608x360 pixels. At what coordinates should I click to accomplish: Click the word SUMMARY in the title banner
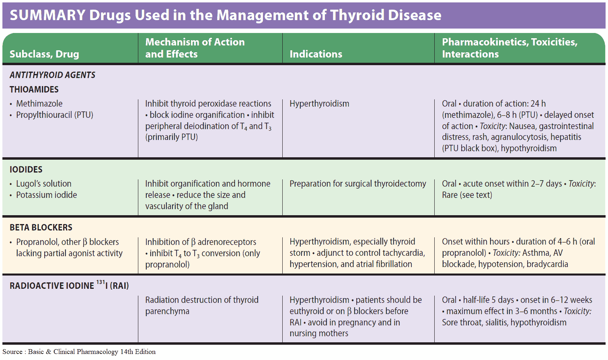click(48, 15)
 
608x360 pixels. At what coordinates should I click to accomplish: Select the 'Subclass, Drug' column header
click(44, 54)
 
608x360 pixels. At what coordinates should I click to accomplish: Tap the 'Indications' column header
click(316, 54)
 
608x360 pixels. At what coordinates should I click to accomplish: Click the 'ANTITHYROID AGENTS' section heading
click(52, 75)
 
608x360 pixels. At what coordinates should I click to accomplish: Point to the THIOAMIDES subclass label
click(34, 89)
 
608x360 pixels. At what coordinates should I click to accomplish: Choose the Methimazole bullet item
click(39, 103)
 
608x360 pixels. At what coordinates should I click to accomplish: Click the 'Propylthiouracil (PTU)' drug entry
click(55, 115)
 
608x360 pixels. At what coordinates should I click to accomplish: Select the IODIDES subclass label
click(26, 169)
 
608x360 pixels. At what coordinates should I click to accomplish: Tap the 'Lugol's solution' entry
click(44, 183)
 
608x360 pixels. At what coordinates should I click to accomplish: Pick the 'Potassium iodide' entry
click(46, 195)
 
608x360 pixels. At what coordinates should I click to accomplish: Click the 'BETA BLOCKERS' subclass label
click(41, 228)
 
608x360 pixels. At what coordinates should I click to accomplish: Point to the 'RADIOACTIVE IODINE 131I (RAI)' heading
click(69, 285)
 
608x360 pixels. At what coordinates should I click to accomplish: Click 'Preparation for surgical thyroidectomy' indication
click(358, 184)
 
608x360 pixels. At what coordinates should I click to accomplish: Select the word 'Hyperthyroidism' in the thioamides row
click(319, 104)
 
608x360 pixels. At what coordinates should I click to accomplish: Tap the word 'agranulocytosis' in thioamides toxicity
click(519, 137)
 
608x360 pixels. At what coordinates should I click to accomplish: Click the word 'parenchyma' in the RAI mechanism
click(167, 311)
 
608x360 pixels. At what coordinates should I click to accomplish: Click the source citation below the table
click(79, 352)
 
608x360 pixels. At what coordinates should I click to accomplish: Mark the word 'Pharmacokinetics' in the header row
click(485, 42)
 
